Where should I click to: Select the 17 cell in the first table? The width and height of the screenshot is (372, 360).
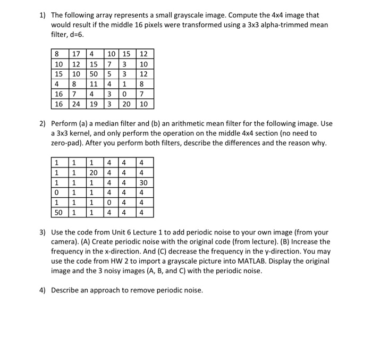pos(75,54)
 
